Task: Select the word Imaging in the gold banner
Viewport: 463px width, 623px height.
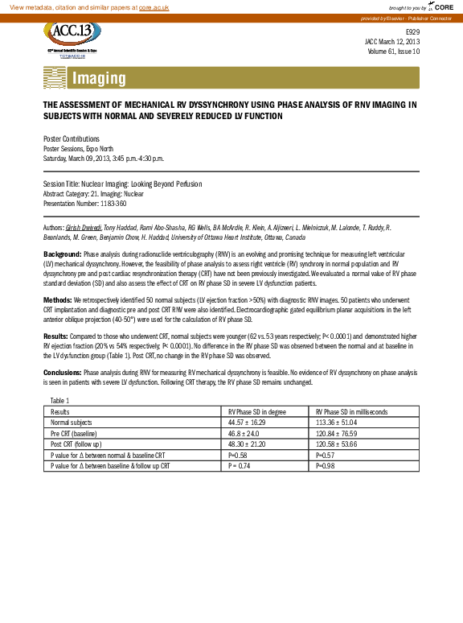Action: pyautogui.click(x=99, y=78)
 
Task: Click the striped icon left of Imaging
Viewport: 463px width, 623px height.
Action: pyautogui.click(x=54, y=78)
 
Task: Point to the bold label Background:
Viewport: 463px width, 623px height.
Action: pyautogui.click(x=62, y=254)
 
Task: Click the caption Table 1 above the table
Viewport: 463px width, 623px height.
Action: pyautogui.click(x=60, y=400)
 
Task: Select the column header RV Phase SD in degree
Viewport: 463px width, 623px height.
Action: pyautogui.click(x=258, y=411)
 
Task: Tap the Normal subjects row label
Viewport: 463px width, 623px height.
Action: pyautogui.click(x=71, y=422)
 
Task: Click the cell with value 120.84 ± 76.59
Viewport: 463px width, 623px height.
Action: pyautogui.click(x=340, y=433)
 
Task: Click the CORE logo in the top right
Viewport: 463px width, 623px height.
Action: pyautogui.click(x=443, y=6)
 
